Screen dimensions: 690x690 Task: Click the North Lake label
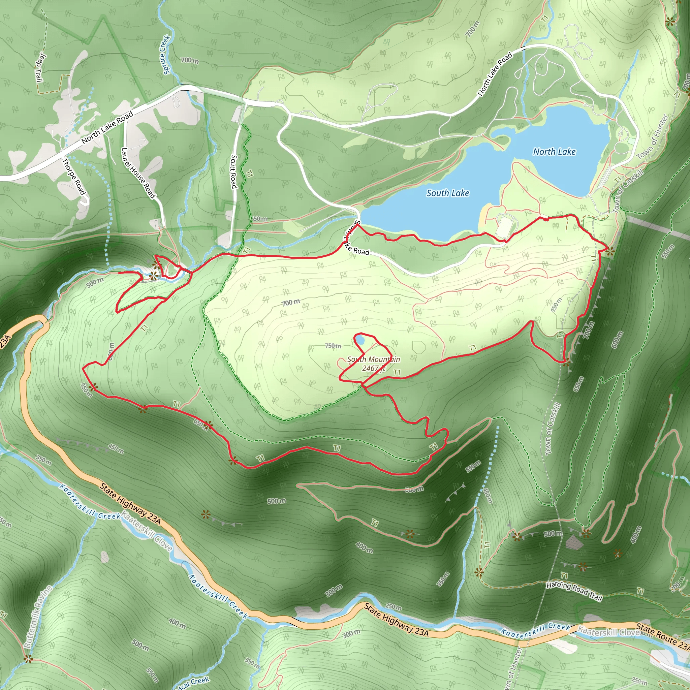(554, 152)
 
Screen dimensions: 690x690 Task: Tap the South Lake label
(447, 193)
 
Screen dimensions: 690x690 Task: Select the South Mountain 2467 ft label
(374, 364)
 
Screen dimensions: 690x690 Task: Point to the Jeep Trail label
(40, 67)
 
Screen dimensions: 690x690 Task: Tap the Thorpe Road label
(74, 177)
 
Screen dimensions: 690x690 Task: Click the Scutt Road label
(234, 171)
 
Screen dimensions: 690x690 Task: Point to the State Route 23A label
(663, 641)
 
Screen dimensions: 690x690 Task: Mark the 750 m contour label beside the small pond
(333, 346)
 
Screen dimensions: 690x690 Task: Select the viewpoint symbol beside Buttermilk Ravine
(28, 659)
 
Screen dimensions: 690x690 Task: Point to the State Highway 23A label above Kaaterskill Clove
(130, 504)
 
